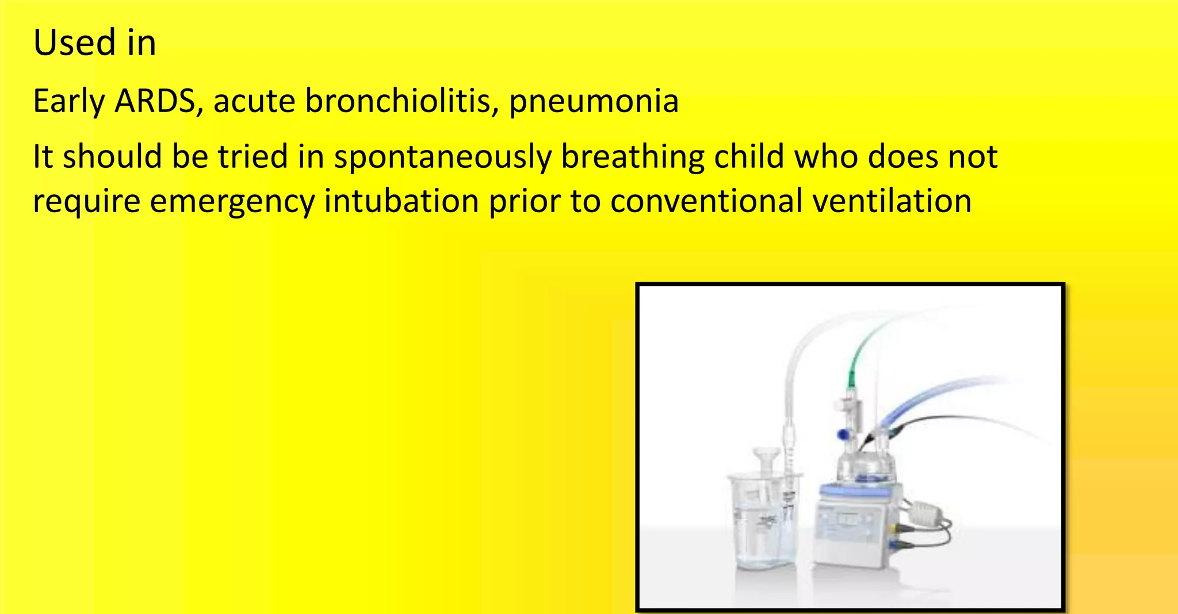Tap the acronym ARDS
pyautogui.click(x=155, y=101)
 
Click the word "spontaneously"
pyautogui.click(x=442, y=158)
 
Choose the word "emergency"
pyautogui.click(x=232, y=202)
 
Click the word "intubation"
pyautogui.click(x=401, y=201)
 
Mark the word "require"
pyautogui.click(x=86, y=202)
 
